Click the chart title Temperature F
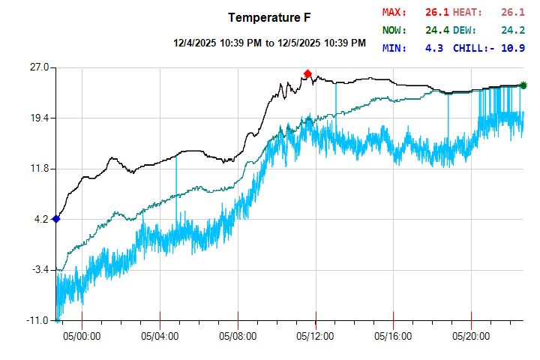[270, 17]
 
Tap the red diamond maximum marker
[307, 73]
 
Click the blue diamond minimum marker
[56, 219]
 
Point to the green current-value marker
[523, 85]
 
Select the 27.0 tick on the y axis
[38, 67]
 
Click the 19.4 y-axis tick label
[38, 118]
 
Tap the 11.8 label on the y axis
[38, 169]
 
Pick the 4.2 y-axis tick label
[40, 219]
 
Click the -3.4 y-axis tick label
[39, 270]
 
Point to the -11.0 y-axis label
[37, 320]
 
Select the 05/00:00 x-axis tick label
[82, 337]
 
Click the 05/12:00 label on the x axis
[316, 337]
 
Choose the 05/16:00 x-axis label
[394, 337]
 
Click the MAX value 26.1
[436, 12]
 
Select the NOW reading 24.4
[436, 30]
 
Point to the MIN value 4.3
[434, 48]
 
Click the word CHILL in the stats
[471, 48]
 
